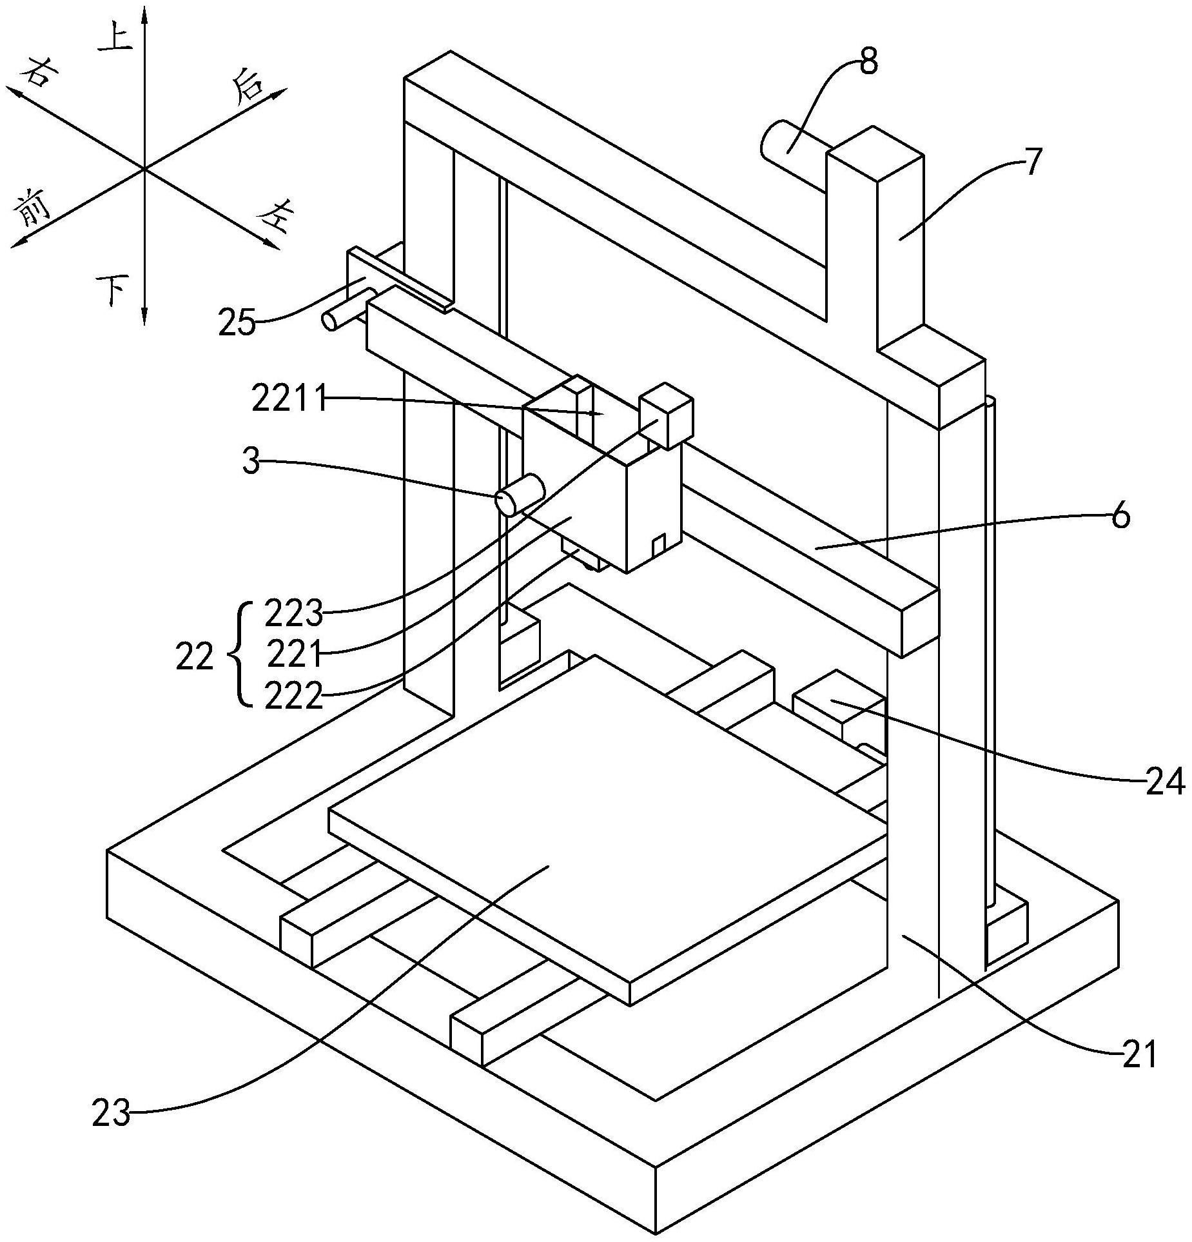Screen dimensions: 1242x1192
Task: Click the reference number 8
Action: tap(868, 63)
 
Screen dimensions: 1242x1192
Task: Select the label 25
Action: tap(237, 322)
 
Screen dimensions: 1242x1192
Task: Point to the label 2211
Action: tap(288, 400)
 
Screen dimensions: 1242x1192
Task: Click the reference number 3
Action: tap(250, 462)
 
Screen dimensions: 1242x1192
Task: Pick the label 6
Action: tap(1121, 517)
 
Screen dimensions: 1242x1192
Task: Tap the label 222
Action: tap(293, 696)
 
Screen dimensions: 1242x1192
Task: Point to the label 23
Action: tap(111, 1114)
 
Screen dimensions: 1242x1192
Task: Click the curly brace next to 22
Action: tap(237, 655)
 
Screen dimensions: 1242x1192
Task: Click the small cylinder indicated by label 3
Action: tap(520, 494)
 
